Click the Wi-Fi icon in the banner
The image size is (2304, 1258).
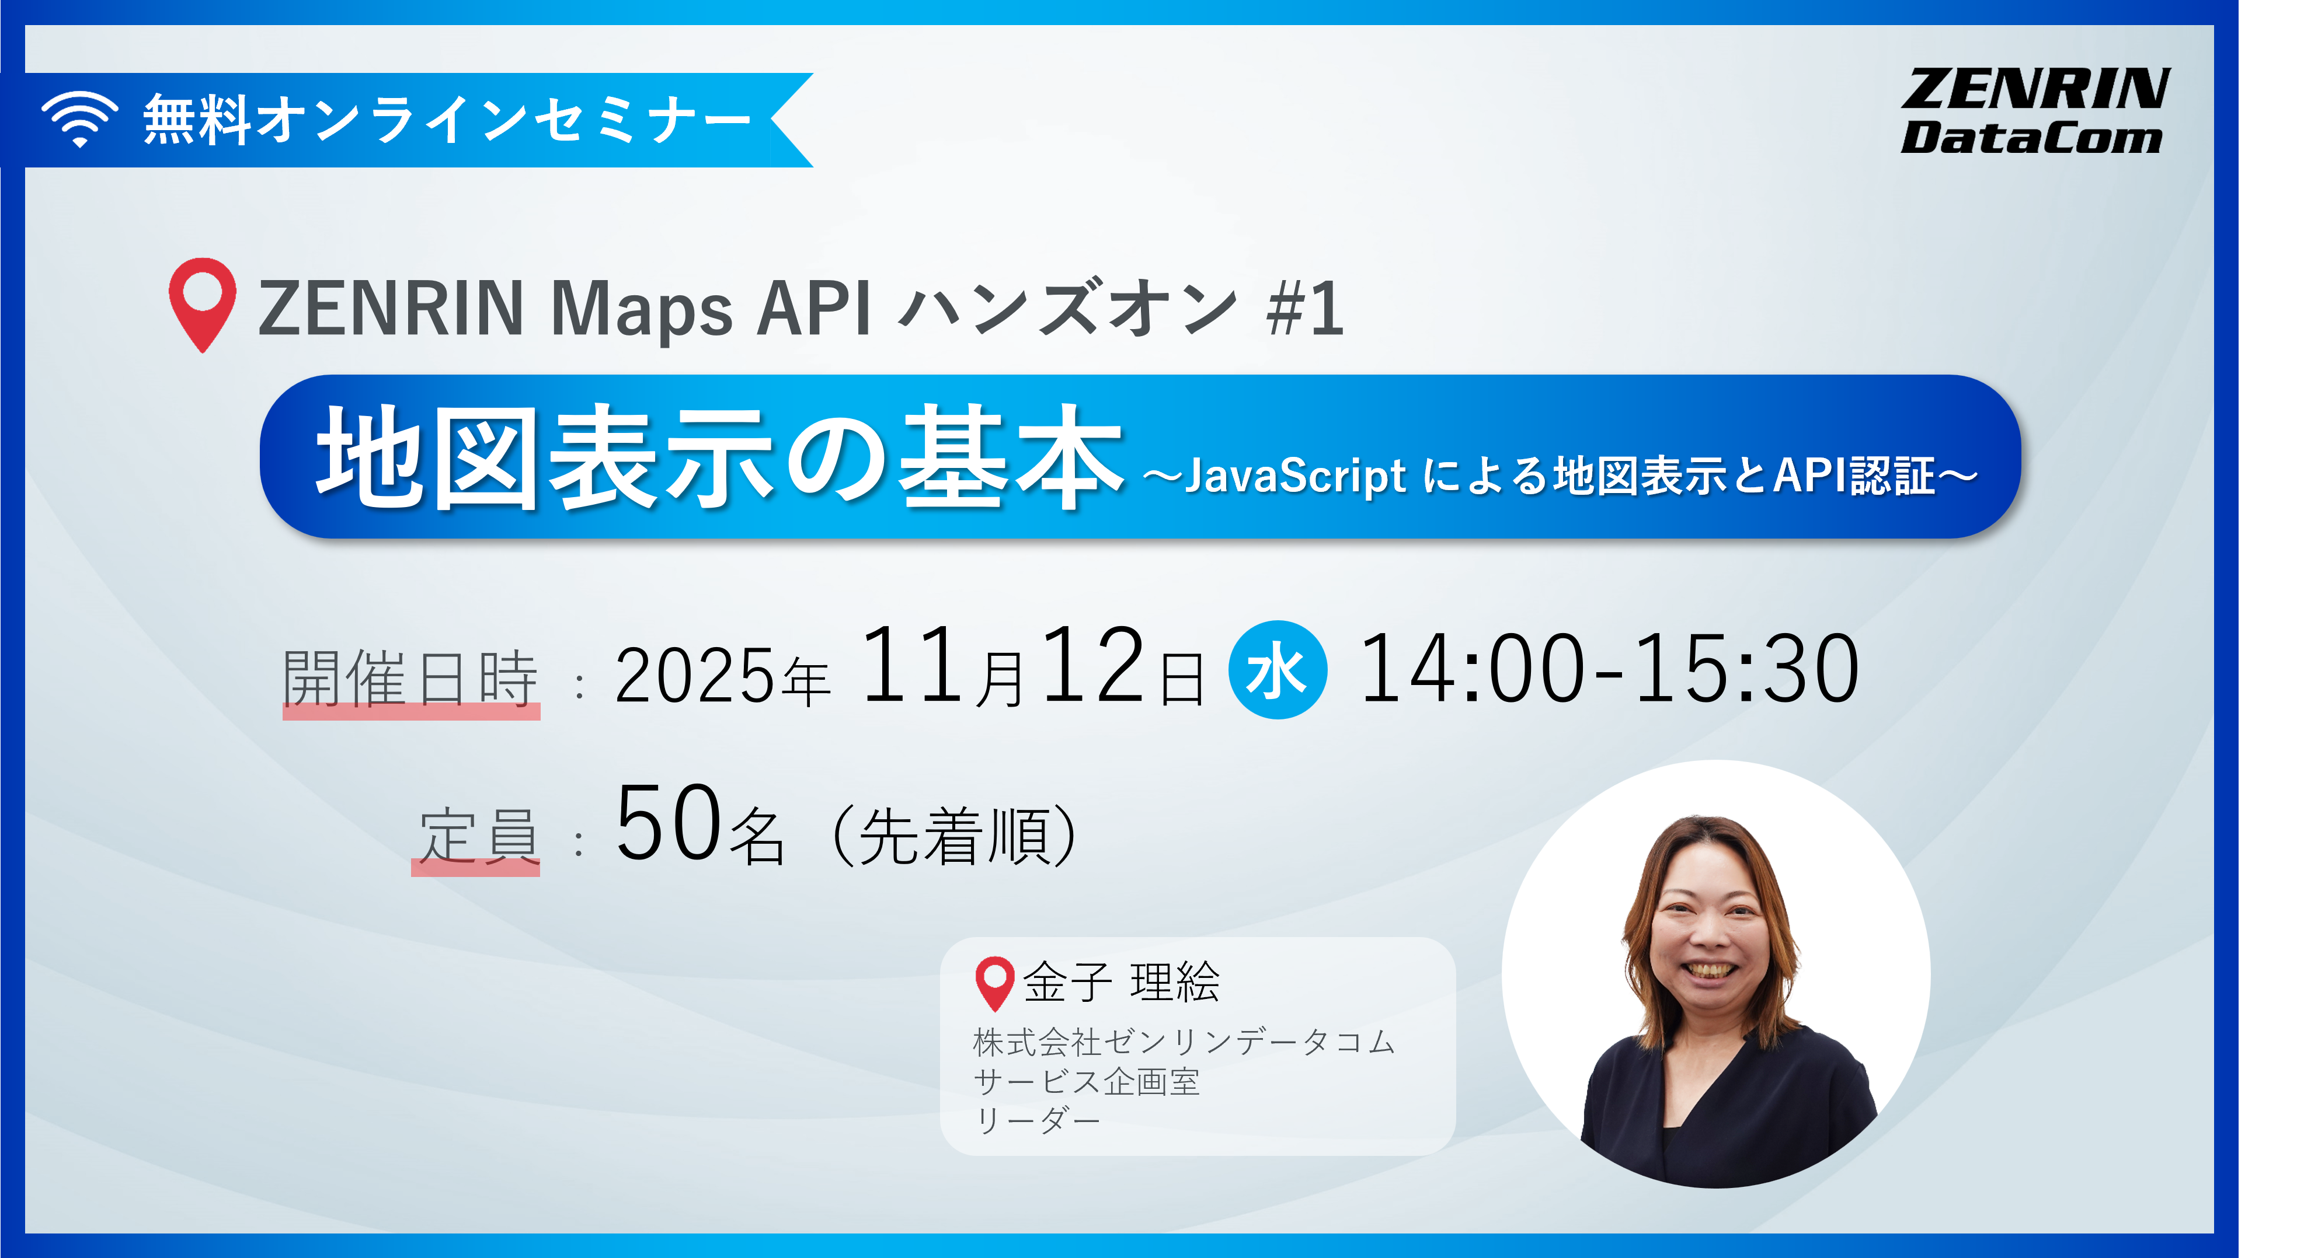[79, 119]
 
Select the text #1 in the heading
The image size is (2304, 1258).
[1305, 309]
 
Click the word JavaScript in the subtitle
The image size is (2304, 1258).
[1295, 476]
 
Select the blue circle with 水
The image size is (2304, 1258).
[1277, 670]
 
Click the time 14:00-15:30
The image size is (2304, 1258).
[1608, 669]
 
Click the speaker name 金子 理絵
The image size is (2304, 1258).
[1120, 982]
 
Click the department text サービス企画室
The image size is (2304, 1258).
[1086, 1082]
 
